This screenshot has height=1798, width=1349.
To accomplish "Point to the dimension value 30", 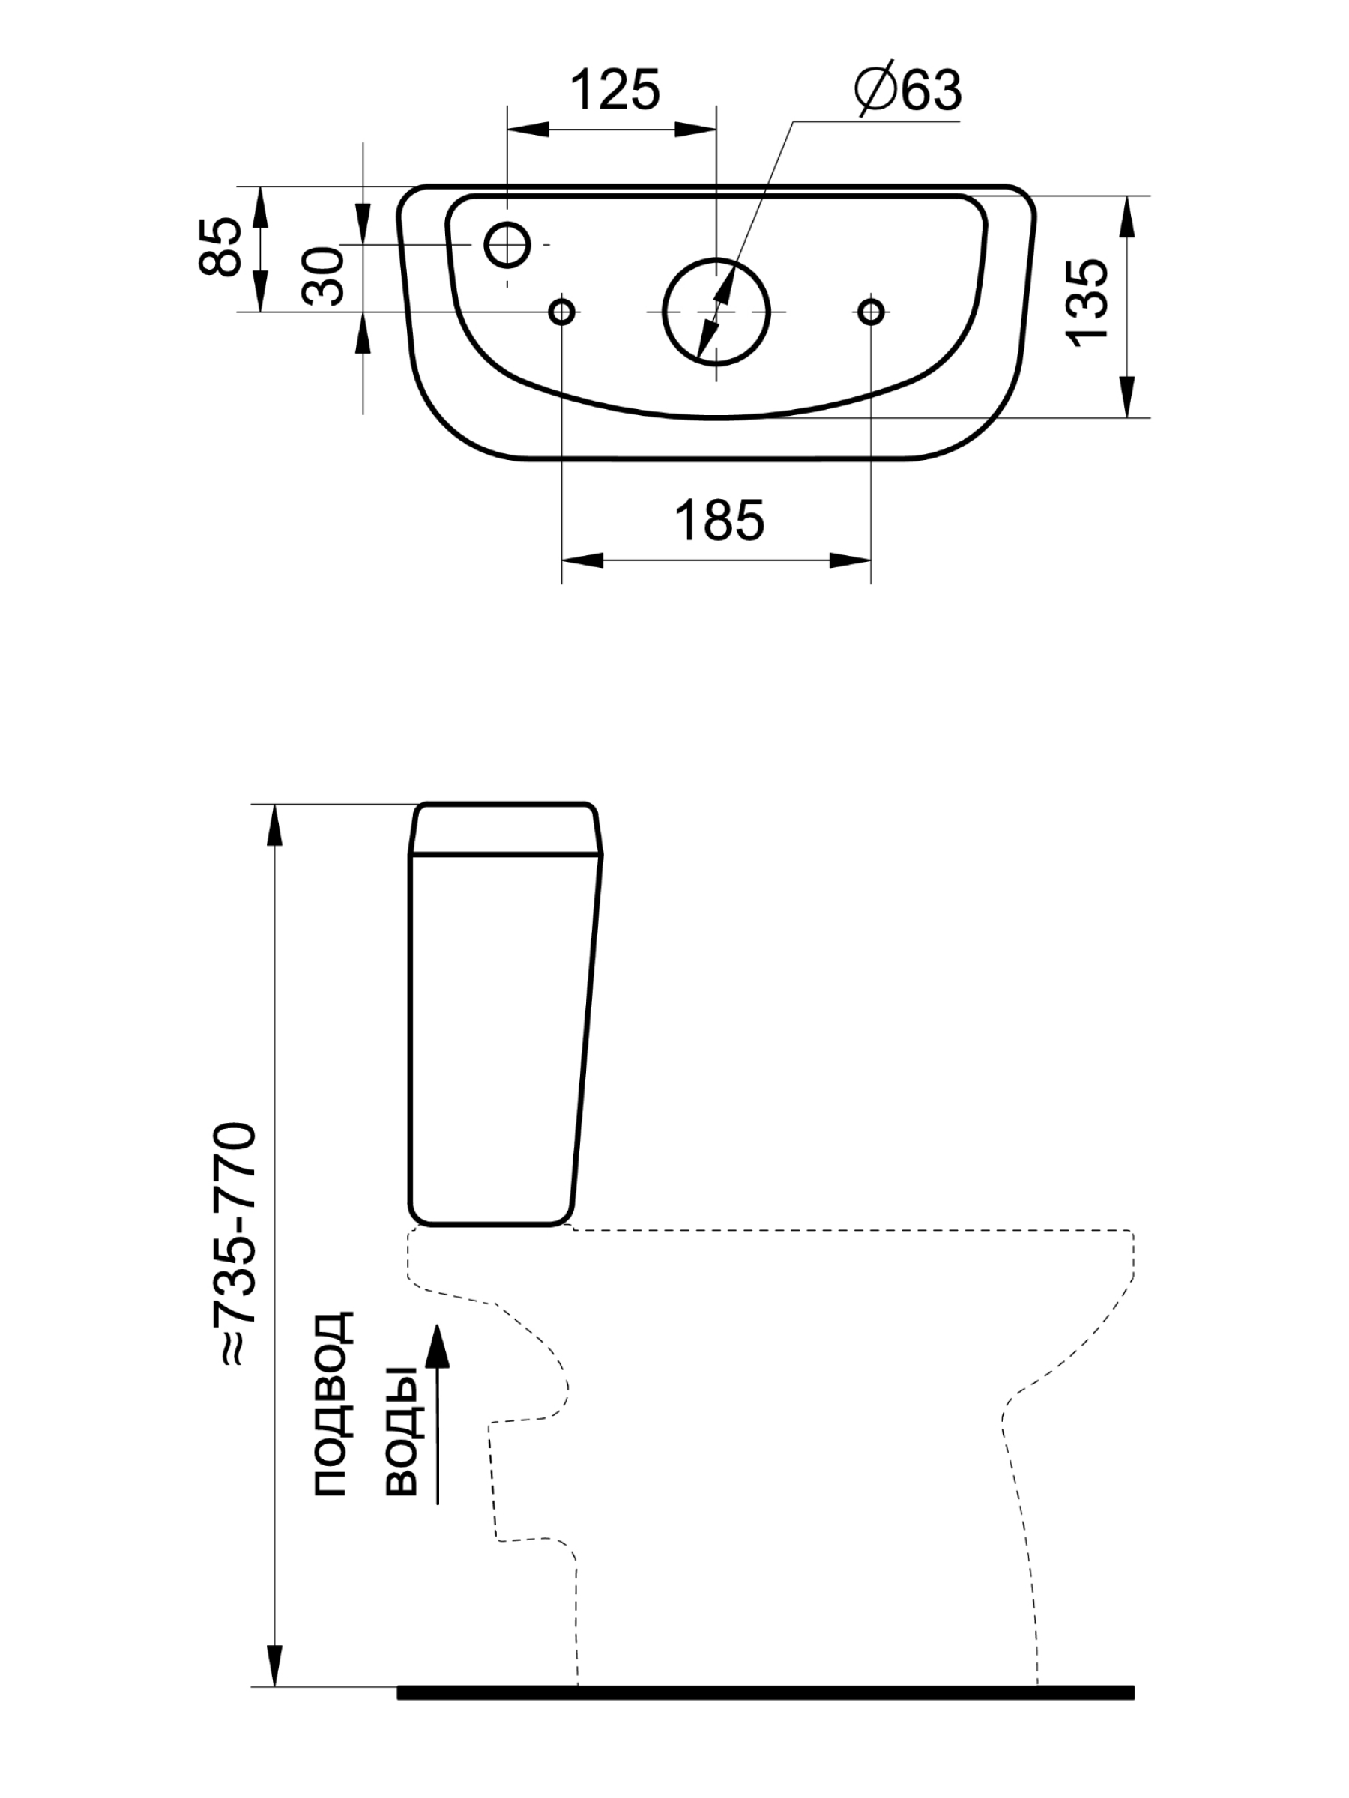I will [x=325, y=276].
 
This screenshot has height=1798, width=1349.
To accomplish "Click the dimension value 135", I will [x=1090, y=304].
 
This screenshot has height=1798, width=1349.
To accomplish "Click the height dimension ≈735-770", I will [x=234, y=1243].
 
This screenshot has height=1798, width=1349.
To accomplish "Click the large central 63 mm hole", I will [x=716, y=312].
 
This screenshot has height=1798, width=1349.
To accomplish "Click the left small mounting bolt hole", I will [x=562, y=312].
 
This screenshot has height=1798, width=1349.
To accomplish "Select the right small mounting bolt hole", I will [x=871, y=312].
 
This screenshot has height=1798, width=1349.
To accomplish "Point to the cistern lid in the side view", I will [x=506, y=829].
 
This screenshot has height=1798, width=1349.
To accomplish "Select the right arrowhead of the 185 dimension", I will [x=851, y=560].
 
